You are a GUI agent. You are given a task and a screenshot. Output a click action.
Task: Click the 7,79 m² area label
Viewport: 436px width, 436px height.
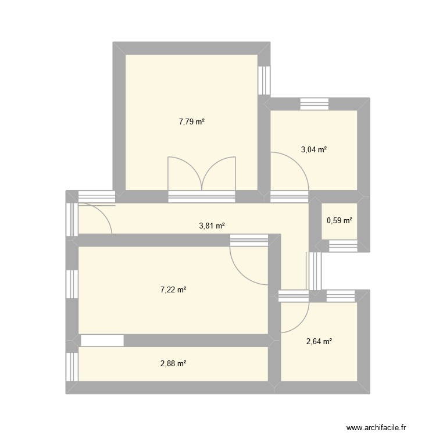192,122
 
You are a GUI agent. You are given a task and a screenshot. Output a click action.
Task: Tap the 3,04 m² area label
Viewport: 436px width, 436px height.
313,149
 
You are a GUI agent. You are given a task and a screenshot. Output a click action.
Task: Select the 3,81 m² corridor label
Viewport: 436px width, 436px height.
212,226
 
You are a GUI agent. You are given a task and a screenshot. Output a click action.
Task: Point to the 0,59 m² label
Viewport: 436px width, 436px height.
339,220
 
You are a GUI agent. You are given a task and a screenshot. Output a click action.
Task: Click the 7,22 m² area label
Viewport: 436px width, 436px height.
173,290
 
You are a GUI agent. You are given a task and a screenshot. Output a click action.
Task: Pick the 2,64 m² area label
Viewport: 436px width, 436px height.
319,342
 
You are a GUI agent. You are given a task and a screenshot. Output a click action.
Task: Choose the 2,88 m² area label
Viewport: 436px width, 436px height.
173,364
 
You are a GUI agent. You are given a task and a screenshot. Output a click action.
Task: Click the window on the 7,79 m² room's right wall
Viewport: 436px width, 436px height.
265,80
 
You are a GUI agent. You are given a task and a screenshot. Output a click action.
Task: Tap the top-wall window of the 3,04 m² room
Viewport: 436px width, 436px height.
315,104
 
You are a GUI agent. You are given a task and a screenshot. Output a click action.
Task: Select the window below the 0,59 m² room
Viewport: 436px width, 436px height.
344,246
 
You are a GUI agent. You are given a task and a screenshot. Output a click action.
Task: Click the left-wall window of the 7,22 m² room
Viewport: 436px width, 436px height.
72,284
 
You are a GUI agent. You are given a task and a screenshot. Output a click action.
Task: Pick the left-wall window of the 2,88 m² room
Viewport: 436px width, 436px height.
72,366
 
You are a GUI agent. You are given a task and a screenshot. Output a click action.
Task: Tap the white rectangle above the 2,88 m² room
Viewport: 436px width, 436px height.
102,341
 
